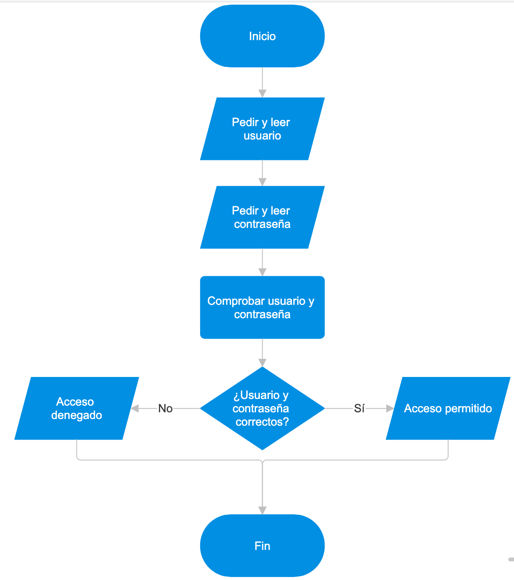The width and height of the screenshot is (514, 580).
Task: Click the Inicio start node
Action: [x=262, y=36]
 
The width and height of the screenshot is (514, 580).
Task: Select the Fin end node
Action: [x=262, y=546]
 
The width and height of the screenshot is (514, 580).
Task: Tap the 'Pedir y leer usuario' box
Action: [x=262, y=129]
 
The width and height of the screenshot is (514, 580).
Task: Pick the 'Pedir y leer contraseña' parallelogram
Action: [x=262, y=217]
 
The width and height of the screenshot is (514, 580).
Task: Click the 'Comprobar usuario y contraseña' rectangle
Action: [x=262, y=308]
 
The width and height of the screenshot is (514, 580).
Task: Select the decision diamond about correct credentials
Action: [x=262, y=408]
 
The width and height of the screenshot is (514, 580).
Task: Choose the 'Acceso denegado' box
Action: [x=77, y=408]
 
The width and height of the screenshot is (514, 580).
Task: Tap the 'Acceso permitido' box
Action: [x=448, y=408]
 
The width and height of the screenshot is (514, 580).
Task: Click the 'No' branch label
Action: [x=165, y=408]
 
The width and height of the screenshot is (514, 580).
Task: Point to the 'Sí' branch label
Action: [x=359, y=408]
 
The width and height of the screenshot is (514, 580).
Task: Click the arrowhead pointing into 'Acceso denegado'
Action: [x=135, y=408]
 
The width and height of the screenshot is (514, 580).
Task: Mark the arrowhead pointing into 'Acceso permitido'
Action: [x=390, y=408]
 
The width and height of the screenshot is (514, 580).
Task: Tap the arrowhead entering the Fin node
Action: [x=262, y=510]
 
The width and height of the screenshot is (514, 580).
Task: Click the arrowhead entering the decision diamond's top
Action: [x=262, y=363]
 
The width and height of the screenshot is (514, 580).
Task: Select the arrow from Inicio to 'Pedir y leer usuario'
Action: [x=262, y=83]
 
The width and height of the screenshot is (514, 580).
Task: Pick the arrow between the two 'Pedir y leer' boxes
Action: [x=262, y=173]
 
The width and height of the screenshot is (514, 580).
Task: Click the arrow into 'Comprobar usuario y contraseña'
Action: [x=262, y=262]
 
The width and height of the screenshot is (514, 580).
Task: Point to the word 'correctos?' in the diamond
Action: [x=262, y=422]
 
